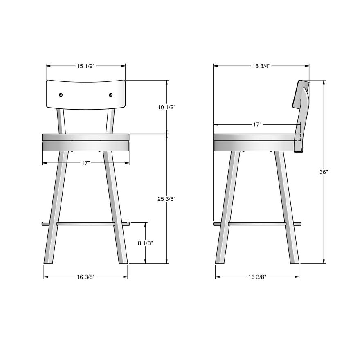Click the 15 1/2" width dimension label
pyautogui.click(x=85, y=66)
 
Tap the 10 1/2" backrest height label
pyautogui.click(x=166, y=107)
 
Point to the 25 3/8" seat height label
pyautogui.click(x=166, y=199)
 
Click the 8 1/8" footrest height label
pyautogui.click(x=145, y=243)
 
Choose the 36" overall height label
pyautogui.click(x=324, y=172)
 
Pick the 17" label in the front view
pyautogui.click(x=85, y=163)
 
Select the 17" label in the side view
pyautogui.click(x=257, y=125)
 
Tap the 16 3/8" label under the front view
pyautogui.click(x=85, y=277)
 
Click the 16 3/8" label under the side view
pyautogui.click(x=257, y=277)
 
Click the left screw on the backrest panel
pyautogui.click(x=61, y=95)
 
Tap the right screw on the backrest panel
pyautogui.click(x=110, y=95)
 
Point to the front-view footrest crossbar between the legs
pyautogui.click(x=85, y=224)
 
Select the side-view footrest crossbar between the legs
pyautogui.click(x=257, y=224)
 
